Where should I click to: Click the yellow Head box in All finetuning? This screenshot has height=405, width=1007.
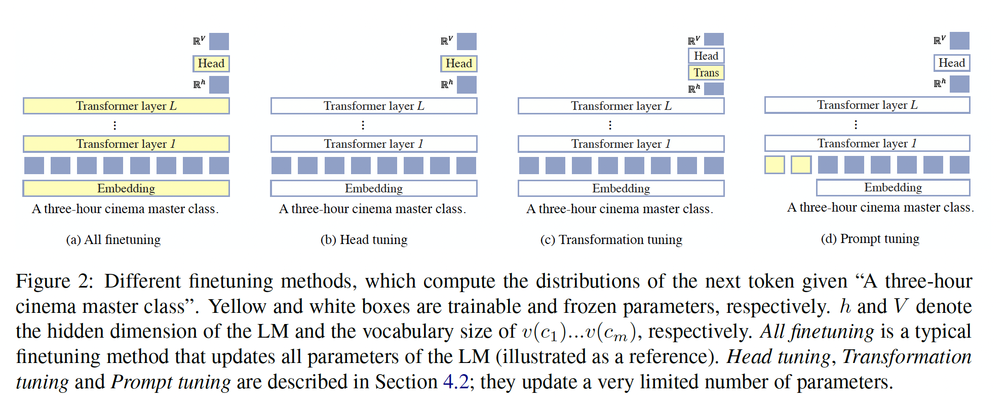(211, 64)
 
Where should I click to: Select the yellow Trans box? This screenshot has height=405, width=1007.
(706, 73)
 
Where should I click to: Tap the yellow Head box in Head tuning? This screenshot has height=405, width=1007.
(458, 64)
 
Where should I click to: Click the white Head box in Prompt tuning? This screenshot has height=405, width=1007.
(951, 63)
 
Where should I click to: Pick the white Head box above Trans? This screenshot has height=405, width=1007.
(706, 56)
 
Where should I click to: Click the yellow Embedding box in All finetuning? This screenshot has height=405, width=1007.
(126, 188)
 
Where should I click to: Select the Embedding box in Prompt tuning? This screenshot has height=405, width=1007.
(893, 187)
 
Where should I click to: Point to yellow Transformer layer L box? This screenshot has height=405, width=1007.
(126, 106)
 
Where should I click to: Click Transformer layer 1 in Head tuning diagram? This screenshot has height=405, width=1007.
(374, 144)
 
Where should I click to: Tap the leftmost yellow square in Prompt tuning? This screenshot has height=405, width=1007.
(774, 165)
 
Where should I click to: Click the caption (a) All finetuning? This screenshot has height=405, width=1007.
(113, 239)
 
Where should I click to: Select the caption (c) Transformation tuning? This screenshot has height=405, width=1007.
(611, 239)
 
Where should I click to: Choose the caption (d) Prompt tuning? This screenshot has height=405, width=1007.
(870, 238)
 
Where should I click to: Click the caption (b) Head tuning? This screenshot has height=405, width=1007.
(364, 239)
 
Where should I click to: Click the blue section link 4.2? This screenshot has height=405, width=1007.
(456, 382)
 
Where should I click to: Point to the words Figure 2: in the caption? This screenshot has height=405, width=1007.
(54, 281)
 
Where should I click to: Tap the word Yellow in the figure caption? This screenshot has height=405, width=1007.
(237, 306)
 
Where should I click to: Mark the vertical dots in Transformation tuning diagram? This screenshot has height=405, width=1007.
(610, 125)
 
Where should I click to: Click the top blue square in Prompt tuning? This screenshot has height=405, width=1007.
(959, 40)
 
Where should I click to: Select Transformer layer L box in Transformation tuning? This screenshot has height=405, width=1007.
(621, 106)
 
